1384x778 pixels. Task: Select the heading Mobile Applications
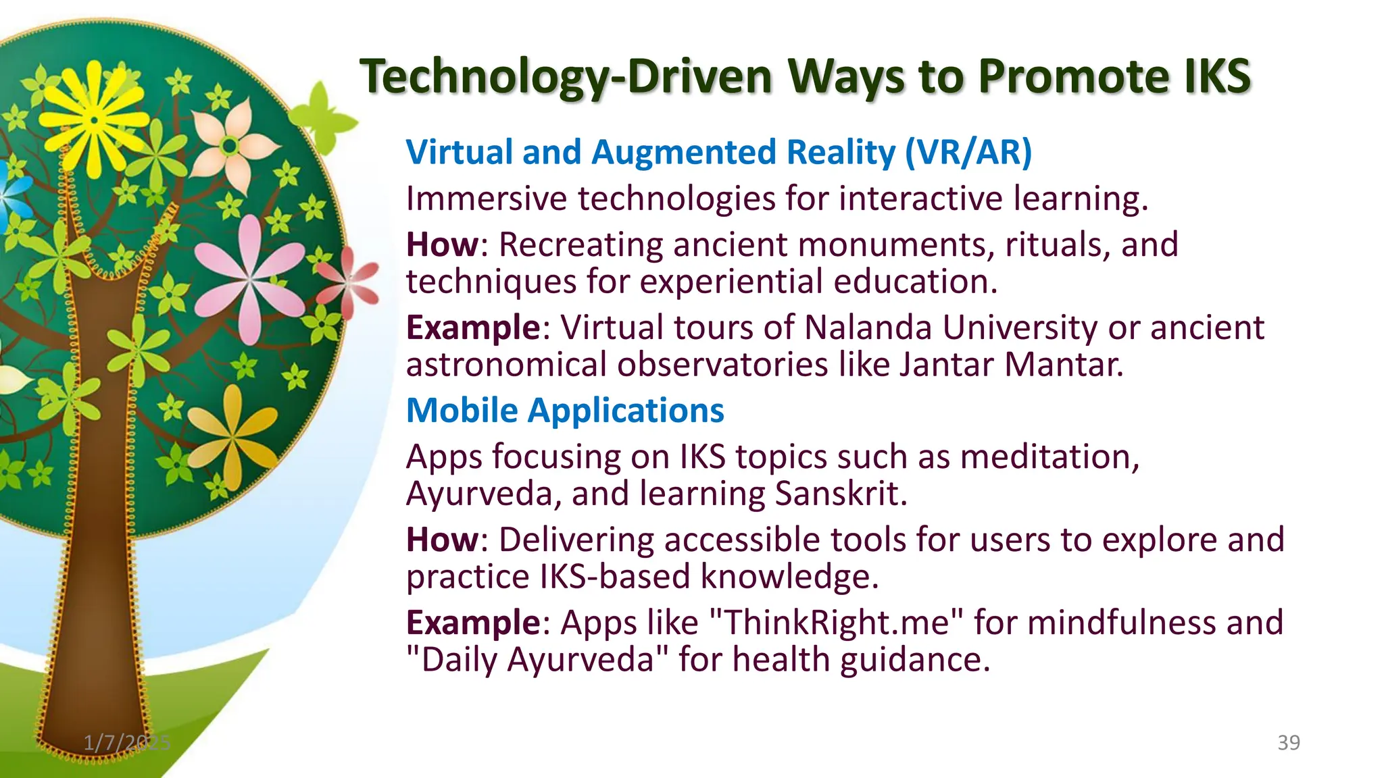(x=565, y=410)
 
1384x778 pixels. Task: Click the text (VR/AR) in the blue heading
(x=968, y=152)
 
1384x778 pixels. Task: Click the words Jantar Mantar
(x=1011, y=365)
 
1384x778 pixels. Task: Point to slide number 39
(x=1288, y=743)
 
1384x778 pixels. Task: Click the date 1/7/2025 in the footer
(x=127, y=743)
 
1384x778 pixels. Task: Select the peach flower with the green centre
(x=230, y=145)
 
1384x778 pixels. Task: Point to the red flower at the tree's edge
(x=350, y=284)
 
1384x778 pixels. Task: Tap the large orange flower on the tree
(x=232, y=439)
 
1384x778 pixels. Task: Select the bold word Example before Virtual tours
(x=472, y=328)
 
